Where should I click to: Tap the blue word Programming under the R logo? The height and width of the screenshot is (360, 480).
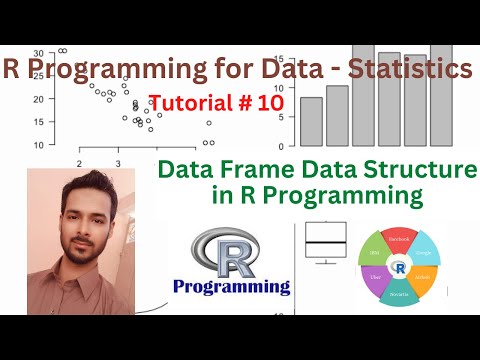point(231,287)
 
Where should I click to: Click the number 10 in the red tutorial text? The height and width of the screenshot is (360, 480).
point(269,102)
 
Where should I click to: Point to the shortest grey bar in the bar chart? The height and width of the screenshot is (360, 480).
point(311,121)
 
